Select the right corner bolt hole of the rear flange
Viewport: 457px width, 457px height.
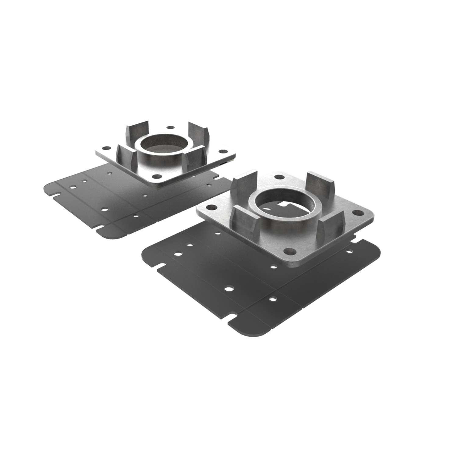click(x=223, y=151)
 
